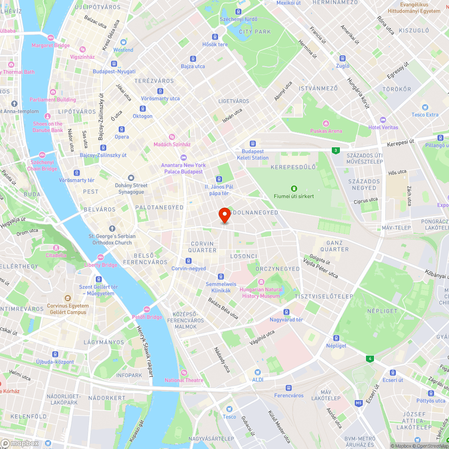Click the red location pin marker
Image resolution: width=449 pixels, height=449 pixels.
point(224,215)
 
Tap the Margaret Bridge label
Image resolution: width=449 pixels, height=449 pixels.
point(51,45)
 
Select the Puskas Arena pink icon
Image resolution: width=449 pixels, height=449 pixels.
point(326,123)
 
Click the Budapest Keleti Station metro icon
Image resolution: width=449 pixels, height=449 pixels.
point(252,144)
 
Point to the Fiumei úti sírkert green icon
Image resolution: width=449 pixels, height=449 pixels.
point(294,188)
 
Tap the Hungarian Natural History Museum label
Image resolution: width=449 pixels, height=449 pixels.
point(261,293)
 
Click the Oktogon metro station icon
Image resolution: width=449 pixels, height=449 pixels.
point(143,108)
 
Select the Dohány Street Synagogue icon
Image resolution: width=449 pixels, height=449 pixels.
point(131,178)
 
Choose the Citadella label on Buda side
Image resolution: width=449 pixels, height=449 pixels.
point(56,255)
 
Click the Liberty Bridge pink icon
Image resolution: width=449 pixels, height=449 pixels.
point(101,257)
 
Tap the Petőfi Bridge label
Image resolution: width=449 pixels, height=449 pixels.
point(147,317)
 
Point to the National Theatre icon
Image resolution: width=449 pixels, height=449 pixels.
point(184,372)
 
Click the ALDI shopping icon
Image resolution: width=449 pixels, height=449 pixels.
point(257,372)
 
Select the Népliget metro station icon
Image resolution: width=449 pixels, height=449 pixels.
point(336,338)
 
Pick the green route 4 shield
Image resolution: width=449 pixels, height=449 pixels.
point(370,358)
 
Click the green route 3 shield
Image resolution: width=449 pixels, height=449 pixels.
point(336,150)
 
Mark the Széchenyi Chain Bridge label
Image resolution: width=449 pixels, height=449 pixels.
point(43,166)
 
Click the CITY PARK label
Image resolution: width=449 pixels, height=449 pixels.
point(255,32)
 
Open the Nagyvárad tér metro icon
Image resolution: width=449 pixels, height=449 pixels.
point(286,312)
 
